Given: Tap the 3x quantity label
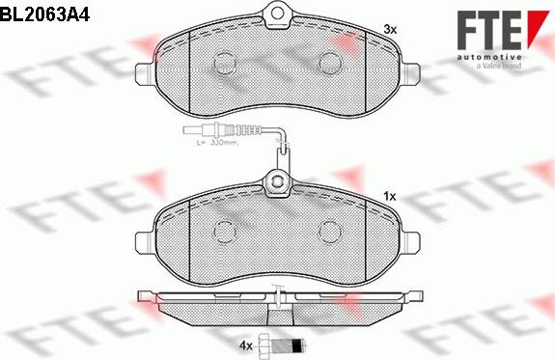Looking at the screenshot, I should point(391,30).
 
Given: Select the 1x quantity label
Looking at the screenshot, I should point(391,196).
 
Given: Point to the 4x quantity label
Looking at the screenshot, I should point(246,345).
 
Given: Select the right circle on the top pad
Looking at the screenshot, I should point(331,63).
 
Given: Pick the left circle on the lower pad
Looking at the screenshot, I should point(224,232).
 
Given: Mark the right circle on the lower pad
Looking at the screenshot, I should point(331,232).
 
